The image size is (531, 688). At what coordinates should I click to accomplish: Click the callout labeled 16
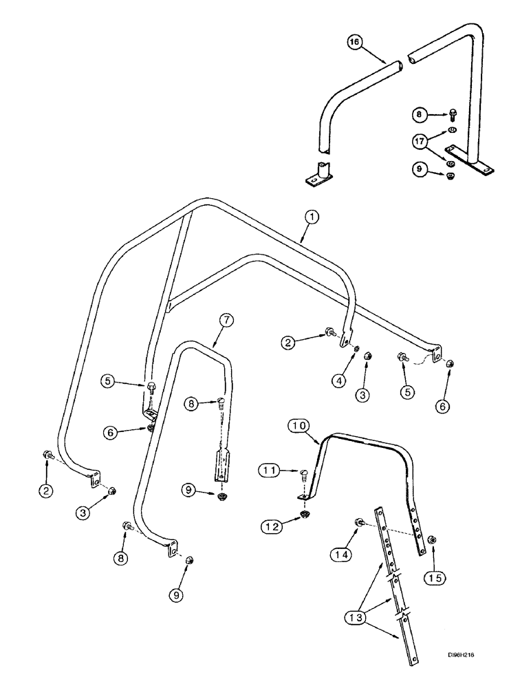pyautogui.click(x=354, y=43)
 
